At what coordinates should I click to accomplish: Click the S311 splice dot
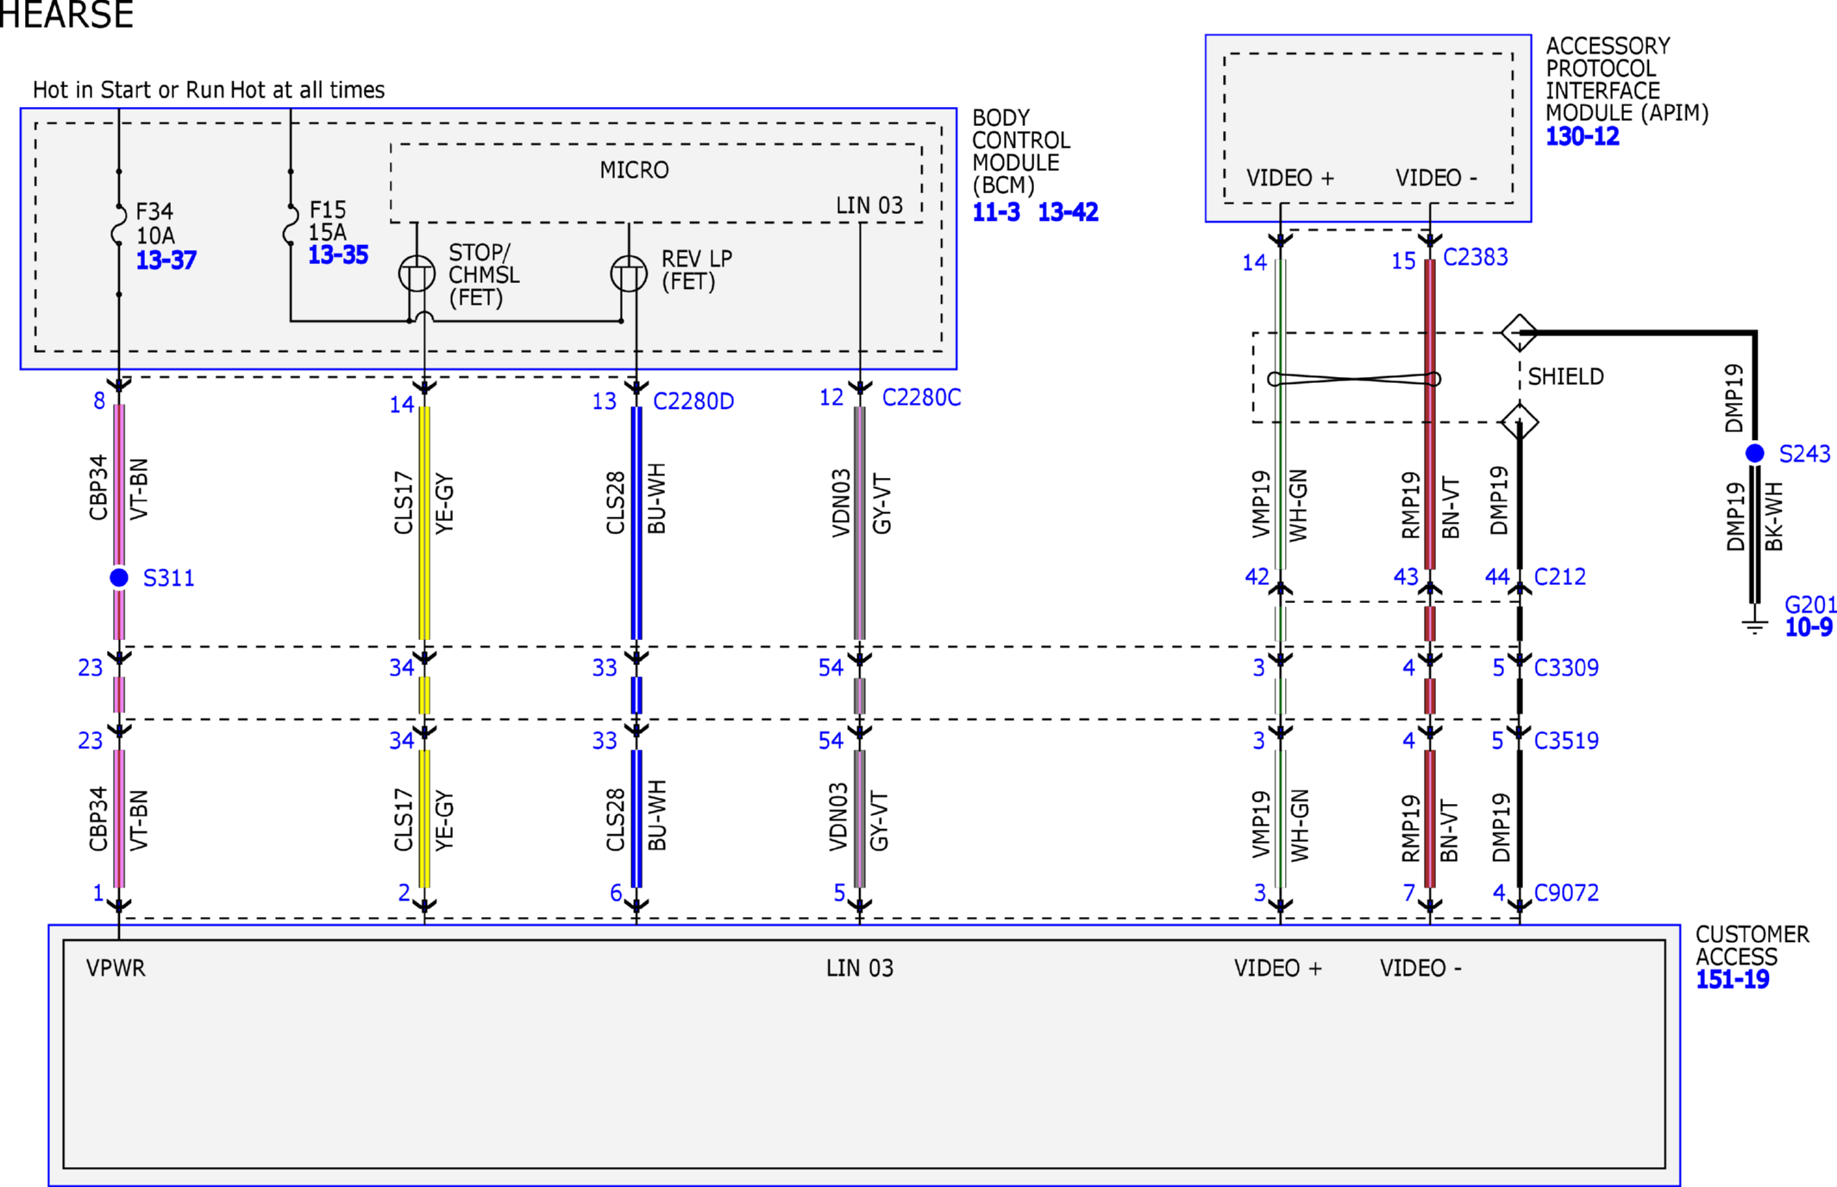[x=119, y=577]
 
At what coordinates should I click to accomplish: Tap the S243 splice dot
[x=1754, y=453]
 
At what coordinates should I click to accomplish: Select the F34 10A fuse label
[x=155, y=223]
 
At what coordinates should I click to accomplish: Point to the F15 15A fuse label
[x=328, y=221]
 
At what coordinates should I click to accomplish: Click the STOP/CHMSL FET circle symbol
[x=417, y=273]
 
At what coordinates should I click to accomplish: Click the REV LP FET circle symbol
[x=629, y=273]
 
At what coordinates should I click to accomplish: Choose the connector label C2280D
[x=693, y=401]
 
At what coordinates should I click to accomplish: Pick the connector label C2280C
[x=921, y=398]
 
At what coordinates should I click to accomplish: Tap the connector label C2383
[x=1476, y=257]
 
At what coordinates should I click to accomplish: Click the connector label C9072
[x=1566, y=893]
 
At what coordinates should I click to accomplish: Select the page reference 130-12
[x=1583, y=136]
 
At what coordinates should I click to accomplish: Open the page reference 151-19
[x=1733, y=979]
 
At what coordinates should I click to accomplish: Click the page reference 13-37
[x=166, y=260]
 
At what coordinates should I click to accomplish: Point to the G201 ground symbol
[x=1754, y=625]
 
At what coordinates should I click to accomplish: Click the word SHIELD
[x=1566, y=377]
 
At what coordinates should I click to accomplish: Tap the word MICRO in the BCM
[x=635, y=170]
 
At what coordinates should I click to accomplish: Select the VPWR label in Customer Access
[x=116, y=968]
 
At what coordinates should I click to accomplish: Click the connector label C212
[x=1560, y=576]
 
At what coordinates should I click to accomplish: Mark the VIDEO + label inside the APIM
[x=1290, y=178]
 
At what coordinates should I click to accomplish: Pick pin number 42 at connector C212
[x=1257, y=576]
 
